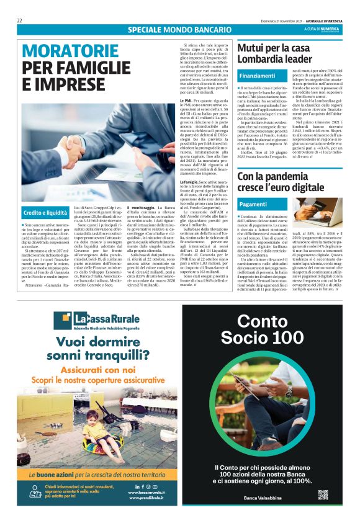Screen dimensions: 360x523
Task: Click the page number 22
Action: pos(20,20)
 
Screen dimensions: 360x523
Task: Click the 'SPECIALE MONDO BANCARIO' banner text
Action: pos(179,30)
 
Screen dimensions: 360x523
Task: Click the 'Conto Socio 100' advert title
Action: pos(269,329)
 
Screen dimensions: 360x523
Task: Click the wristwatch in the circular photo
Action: pos(289,391)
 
